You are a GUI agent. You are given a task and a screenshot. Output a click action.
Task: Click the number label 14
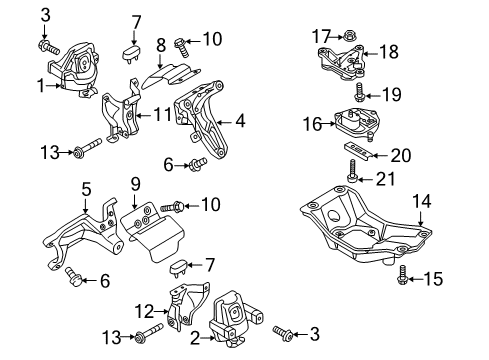pyautogui.click(x=423, y=201)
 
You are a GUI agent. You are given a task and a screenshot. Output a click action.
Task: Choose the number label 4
pyautogui.click(x=240, y=122)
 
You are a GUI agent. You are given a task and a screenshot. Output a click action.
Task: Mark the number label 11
pyautogui.click(x=162, y=115)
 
